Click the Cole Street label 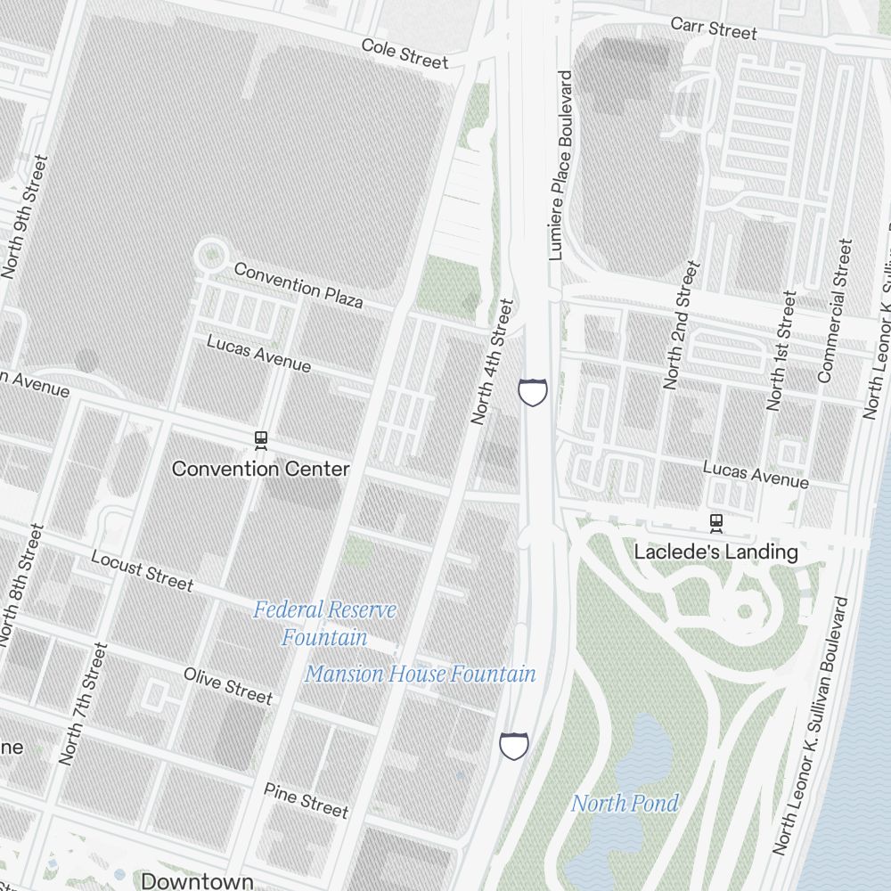pyautogui.click(x=405, y=53)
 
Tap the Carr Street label pyautogui.click(x=714, y=27)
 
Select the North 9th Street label pyautogui.click(x=23, y=217)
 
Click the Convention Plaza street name pyautogui.click(x=298, y=285)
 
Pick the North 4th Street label pyautogui.click(x=492, y=361)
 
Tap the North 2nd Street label pyautogui.click(x=683, y=325)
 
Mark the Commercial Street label pyautogui.click(x=835, y=311)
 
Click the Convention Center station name pyautogui.click(x=260, y=469)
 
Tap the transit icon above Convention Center pyautogui.click(x=261, y=439)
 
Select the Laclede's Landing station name pyautogui.click(x=715, y=552)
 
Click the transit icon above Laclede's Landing pyautogui.click(x=715, y=522)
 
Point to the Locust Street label pyautogui.click(x=142, y=570)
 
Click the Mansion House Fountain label pyautogui.click(x=421, y=674)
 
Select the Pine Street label pyautogui.click(x=306, y=799)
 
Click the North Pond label pyautogui.click(x=625, y=804)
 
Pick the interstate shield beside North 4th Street pyautogui.click(x=533, y=391)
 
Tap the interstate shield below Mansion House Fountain pyautogui.click(x=513, y=745)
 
